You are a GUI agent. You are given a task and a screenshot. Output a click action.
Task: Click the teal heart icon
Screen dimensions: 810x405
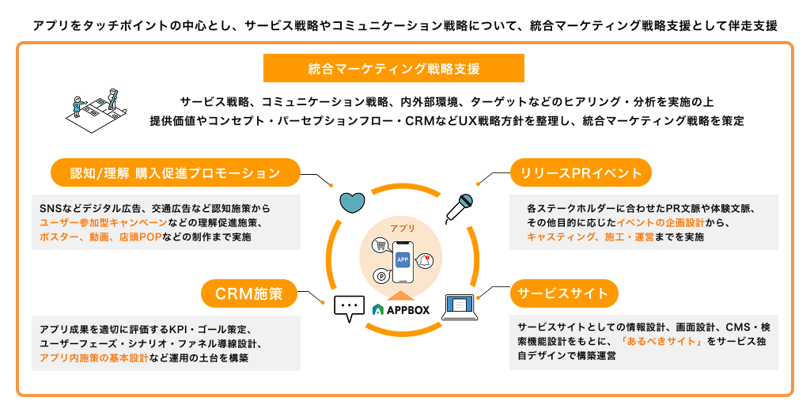coord(352,202)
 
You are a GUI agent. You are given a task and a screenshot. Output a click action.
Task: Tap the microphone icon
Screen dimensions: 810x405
coord(460,208)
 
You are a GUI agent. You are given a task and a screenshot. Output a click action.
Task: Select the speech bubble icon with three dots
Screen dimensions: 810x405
coord(346,309)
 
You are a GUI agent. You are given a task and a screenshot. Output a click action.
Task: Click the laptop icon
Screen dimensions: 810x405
coord(461,307)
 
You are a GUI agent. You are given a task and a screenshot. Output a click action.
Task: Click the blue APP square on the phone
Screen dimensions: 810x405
coord(403,259)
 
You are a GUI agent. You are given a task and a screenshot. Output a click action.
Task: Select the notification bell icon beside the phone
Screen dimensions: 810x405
coord(425,260)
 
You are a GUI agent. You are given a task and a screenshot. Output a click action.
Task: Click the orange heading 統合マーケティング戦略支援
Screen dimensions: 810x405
coord(394,69)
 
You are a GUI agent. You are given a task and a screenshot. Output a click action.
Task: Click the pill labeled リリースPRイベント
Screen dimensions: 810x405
coord(581,172)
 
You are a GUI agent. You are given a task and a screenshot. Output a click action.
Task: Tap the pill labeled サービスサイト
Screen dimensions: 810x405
coord(564,293)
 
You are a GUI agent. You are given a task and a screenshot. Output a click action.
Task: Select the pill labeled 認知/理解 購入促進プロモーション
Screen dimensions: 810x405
coord(175,172)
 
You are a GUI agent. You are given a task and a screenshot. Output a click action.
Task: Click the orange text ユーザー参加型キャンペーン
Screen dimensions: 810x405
coord(103,222)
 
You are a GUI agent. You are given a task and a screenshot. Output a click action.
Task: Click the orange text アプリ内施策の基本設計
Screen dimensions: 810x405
coord(94,358)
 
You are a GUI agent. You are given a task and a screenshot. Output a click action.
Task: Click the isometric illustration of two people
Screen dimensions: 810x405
coord(98,111)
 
